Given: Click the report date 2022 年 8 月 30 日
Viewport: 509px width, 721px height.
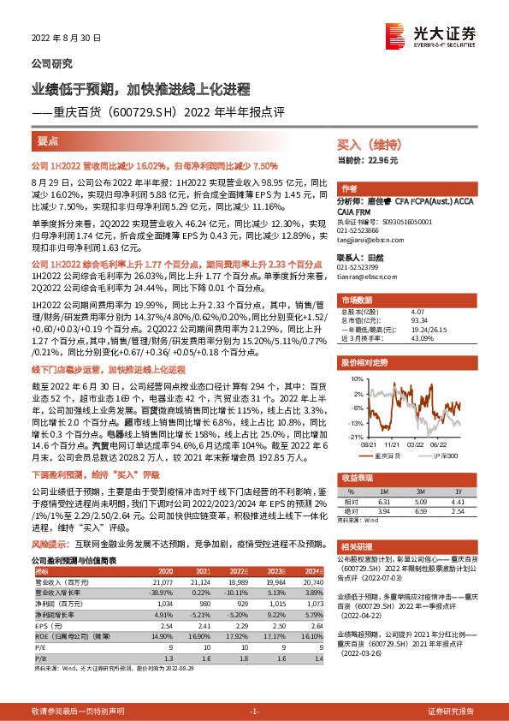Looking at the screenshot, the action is (68, 38).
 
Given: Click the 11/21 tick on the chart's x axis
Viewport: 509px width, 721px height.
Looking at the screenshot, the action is (393, 444).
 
